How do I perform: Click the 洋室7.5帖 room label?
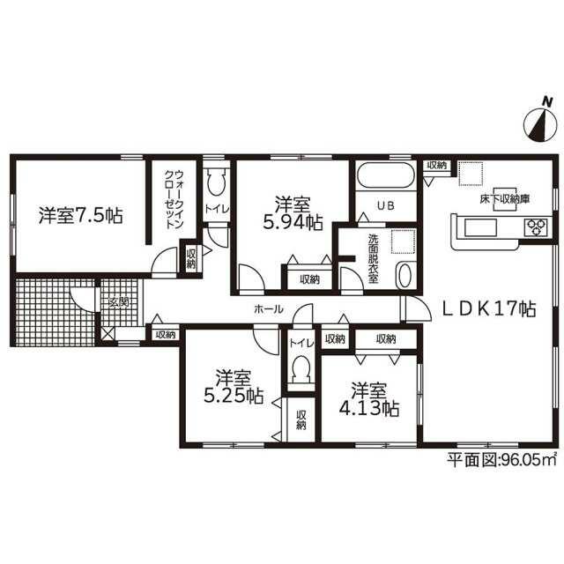click(x=80, y=215)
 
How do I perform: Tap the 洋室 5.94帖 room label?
click(x=293, y=213)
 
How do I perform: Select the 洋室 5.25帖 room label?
click(x=234, y=387)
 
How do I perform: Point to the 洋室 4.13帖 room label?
click(x=369, y=399)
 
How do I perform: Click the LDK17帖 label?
click(x=489, y=309)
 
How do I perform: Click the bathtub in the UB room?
click(x=386, y=175)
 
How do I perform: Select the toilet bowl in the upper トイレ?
click(x=217, y=182)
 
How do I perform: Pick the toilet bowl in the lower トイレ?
click(x=301, y=370)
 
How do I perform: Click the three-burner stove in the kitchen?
click(x=537, y=227)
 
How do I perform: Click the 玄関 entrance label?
click(x=119, y=302)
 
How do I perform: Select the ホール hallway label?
click(x=269, y=308)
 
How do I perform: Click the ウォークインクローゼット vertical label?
click(x=174, y=199)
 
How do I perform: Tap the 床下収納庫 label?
click(x=505, y=199)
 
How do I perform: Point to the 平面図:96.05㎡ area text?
click(x=501, y=459)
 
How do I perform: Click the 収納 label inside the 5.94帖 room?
click(x=310, y=279)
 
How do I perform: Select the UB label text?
click(x=386, y=205)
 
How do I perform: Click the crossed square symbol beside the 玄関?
click(x=108, y=334)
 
